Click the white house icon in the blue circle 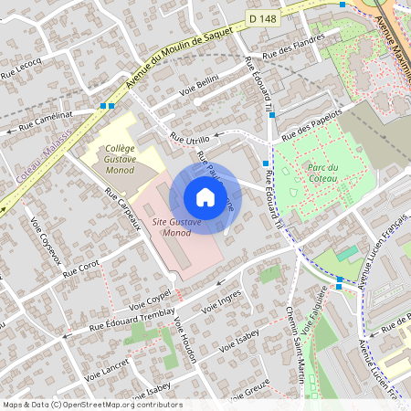(205, 197)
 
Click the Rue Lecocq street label (22, 68)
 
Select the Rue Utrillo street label (190, 139)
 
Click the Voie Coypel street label (150, 300)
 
